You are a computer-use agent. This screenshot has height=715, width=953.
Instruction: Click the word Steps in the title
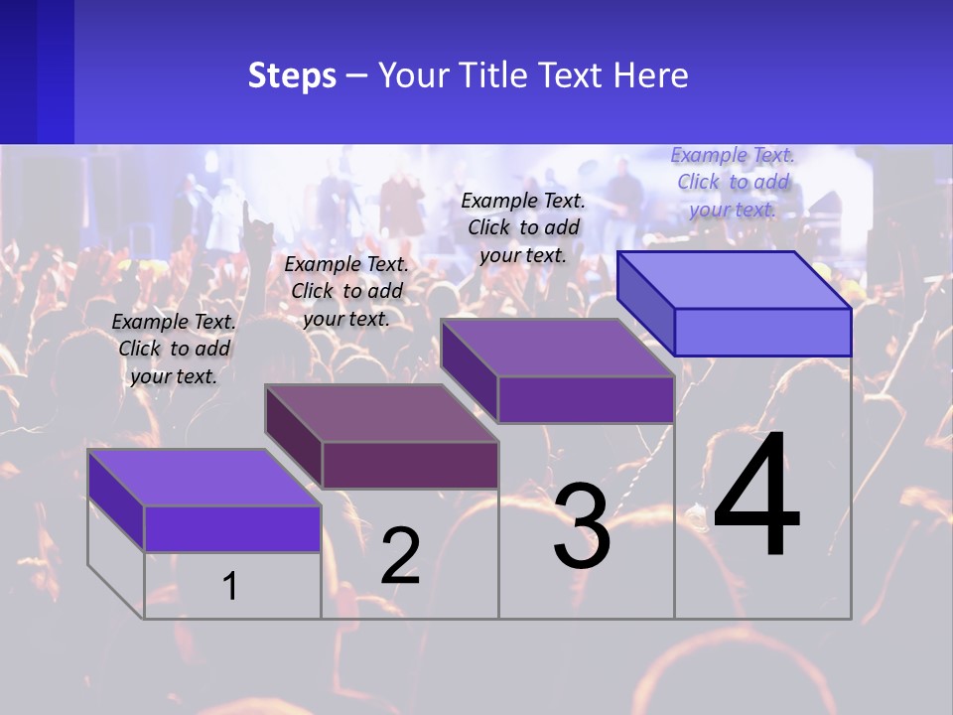point(292,76)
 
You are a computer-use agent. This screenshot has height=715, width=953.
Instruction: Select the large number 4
point(756,497)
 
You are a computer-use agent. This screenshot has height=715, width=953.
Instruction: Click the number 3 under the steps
point(582,526)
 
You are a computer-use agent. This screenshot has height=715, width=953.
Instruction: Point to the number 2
point(400,556)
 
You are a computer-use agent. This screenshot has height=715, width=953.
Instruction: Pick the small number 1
point(230,586)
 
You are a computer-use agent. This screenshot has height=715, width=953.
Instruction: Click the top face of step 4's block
point(735,279)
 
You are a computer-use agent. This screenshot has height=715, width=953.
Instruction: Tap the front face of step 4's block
point(762,332)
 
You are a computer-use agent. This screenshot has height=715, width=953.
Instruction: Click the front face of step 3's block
point(586,399)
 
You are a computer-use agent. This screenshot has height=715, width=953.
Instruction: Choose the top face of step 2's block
point(381,413)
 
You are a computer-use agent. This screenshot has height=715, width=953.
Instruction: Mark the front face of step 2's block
point(410,465)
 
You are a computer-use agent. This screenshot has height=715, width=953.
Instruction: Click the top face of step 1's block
point(204,477)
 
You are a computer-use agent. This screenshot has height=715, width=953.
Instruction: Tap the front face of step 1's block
point(232,528)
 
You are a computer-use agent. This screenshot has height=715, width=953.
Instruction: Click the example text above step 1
point(174,349)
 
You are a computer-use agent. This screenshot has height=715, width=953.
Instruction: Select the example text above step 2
point(346,291)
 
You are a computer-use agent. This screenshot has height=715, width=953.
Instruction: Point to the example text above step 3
point(523,227)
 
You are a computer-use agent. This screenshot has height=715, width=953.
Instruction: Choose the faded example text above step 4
point(733,182)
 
